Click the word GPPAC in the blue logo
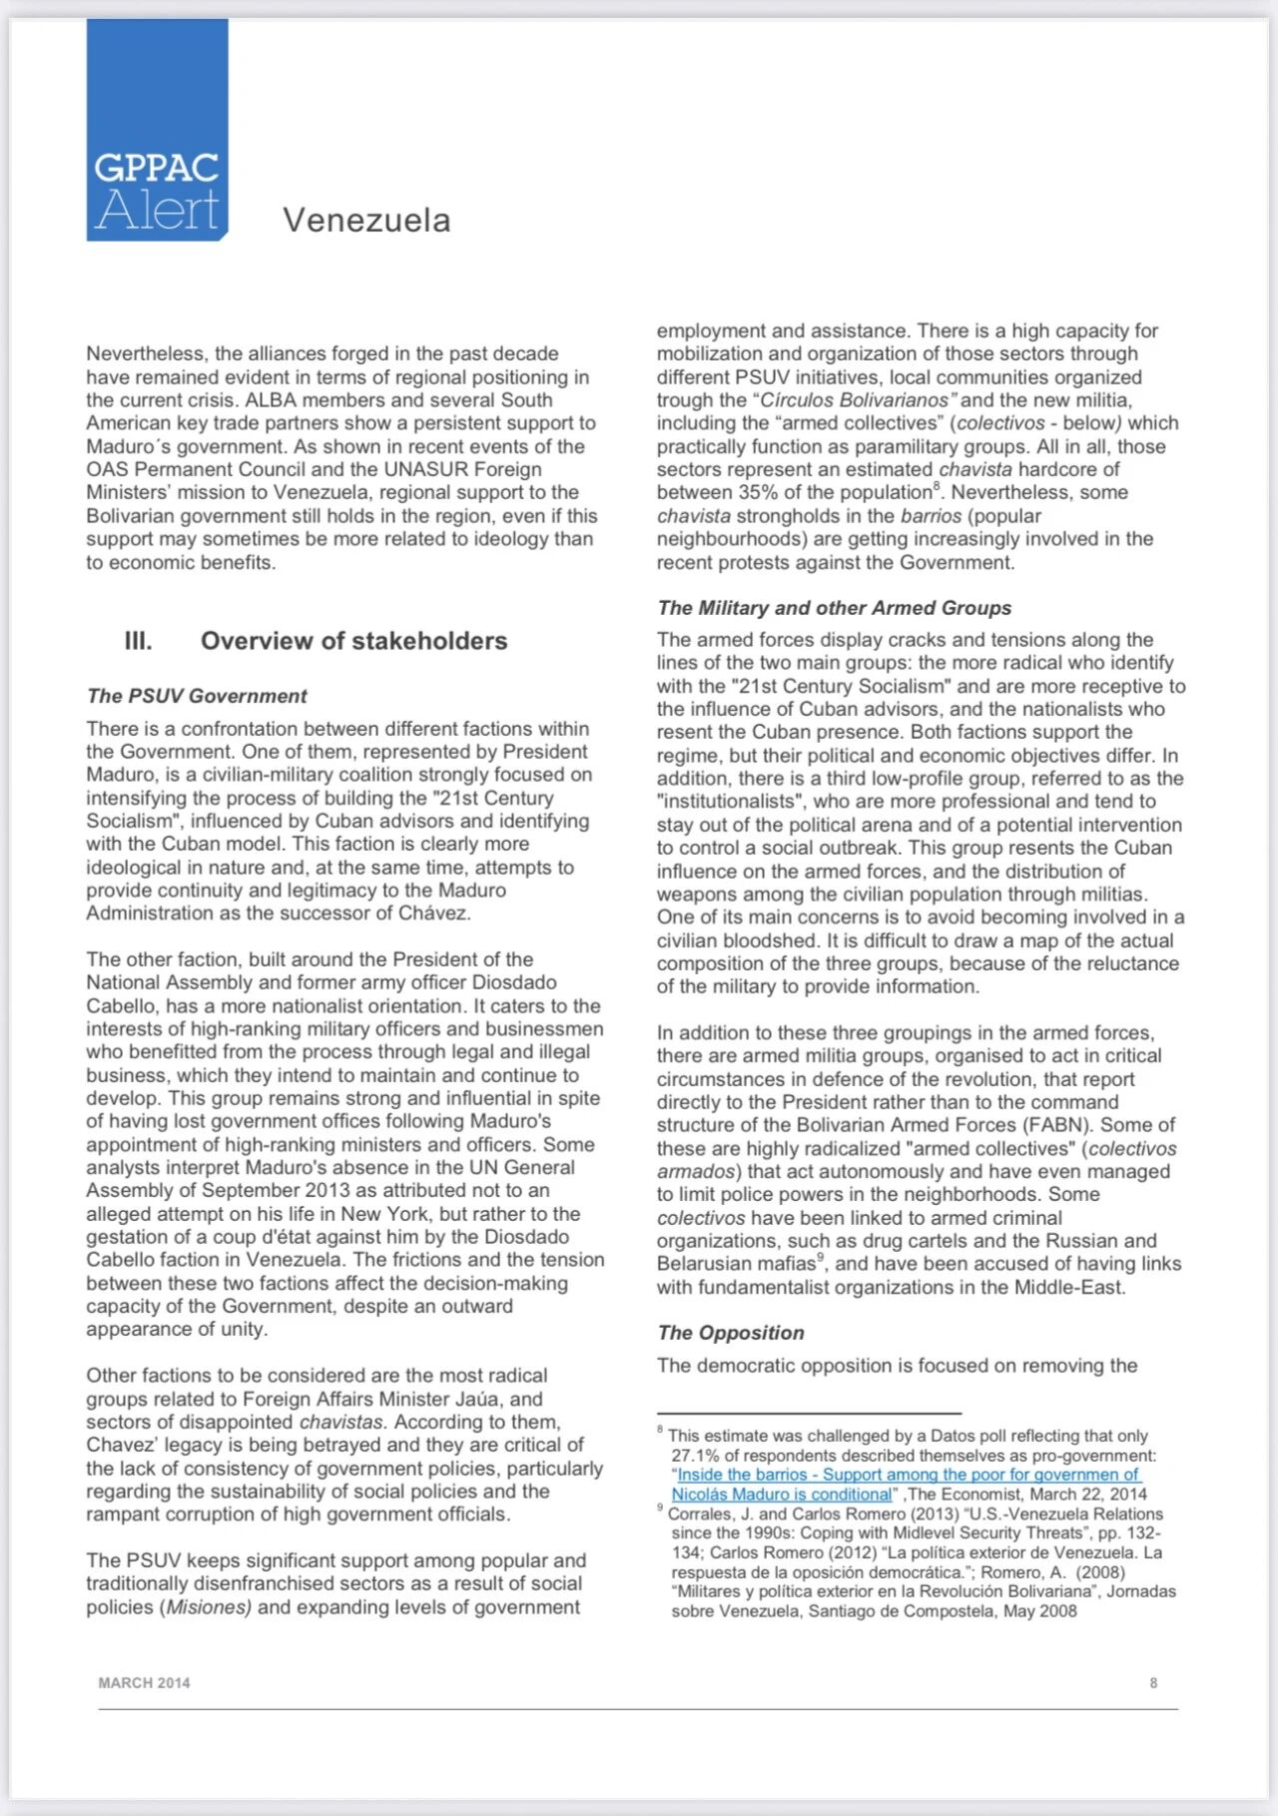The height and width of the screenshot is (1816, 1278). (157, 168)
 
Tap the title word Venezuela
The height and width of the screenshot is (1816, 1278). (366, 220)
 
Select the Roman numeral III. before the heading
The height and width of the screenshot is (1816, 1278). (138, 641)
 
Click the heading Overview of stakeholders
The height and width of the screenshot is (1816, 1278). (353, 641)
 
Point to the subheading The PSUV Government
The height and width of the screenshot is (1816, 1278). (197, 696)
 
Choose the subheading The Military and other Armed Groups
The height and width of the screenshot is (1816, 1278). (834, 608)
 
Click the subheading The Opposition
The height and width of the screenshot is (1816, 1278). (730, 1333)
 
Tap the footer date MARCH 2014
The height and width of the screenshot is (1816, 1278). (144, 1682)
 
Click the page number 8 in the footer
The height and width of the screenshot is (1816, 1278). (1153, 1682)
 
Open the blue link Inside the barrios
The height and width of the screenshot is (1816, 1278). (908, 1475)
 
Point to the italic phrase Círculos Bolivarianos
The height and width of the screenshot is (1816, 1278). (854, 400)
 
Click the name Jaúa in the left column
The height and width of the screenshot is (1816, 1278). (481, 1399)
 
